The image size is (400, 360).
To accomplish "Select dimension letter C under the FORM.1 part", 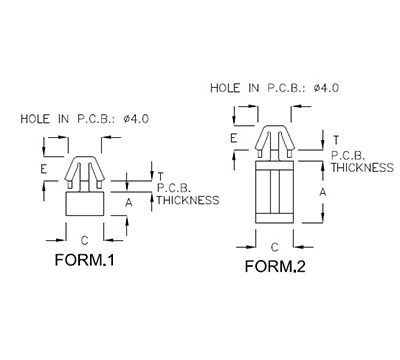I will coord(84,239).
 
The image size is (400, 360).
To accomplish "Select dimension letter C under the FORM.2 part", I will coord(274,245).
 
